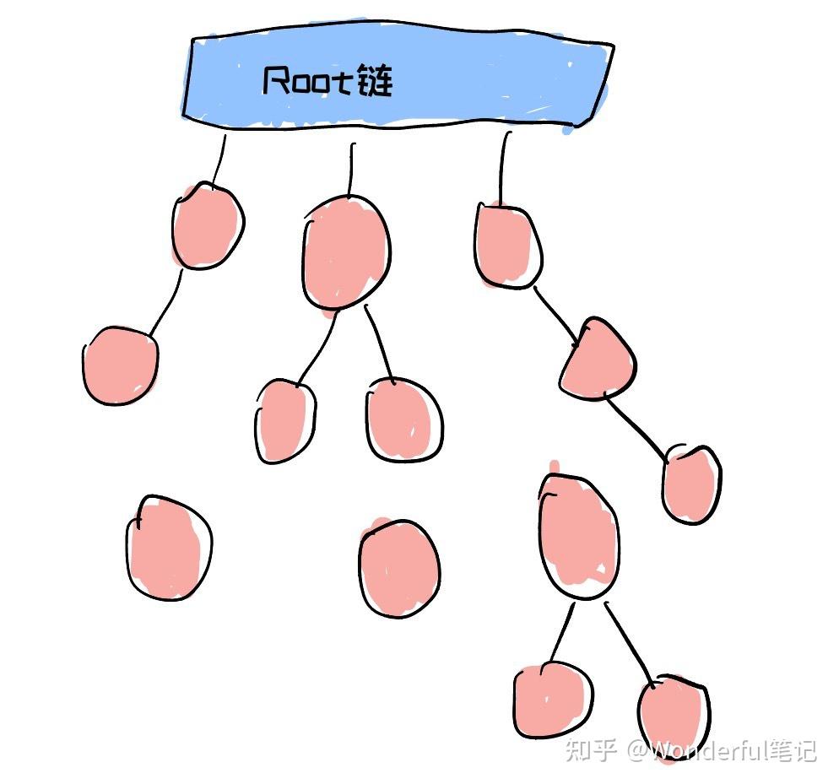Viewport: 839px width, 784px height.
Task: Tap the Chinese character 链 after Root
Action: [375, 81]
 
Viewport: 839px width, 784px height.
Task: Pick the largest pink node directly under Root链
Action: [346, 252]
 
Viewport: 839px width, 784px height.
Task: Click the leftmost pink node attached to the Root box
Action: [207, 225]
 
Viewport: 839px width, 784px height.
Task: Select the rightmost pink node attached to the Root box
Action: [506, 246]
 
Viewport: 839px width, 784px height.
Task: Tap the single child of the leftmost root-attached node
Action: [120, 365]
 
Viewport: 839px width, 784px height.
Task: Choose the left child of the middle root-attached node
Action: [284, 420]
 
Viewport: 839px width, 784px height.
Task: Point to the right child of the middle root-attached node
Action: [404, 419]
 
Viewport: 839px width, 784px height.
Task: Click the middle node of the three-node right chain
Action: [598, 360]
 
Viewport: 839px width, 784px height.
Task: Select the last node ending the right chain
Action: [690, 484]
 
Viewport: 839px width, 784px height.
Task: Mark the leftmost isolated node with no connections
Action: [168, 547]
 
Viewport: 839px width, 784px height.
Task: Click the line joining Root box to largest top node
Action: [352, 169]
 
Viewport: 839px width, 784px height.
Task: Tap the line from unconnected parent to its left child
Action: [562, 633]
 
